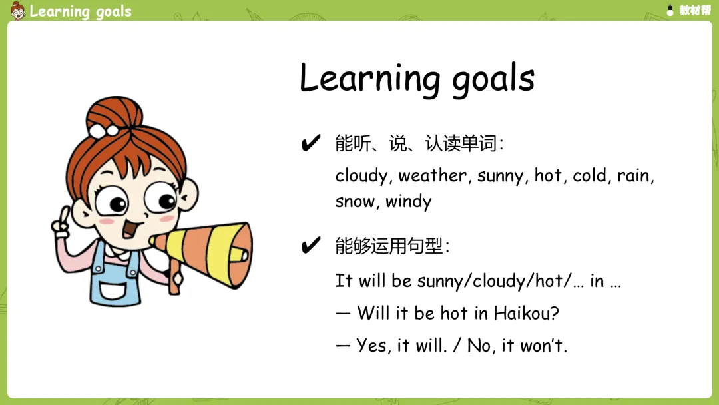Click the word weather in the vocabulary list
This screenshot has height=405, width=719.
[x=433, y=176]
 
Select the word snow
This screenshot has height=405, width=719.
[x=354, y=202]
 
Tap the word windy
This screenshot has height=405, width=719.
[x=409, y=202]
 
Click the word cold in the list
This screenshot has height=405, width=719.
[x=590, y=175]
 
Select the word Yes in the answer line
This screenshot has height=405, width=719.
[x=371, y=345]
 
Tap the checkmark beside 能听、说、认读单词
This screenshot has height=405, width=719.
[x=310, y=143]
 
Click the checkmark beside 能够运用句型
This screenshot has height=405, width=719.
[x=310, y=245]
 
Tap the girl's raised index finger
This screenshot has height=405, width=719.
[x=65, y=215]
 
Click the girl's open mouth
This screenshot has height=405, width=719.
[x=132, y=228]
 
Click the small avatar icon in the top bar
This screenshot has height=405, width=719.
[x=17, y=11]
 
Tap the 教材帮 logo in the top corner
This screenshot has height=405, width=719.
[x=688, y=10]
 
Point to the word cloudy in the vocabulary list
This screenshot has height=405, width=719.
[x=361, y=176]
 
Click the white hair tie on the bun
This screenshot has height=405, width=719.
[x=103, y=131]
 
